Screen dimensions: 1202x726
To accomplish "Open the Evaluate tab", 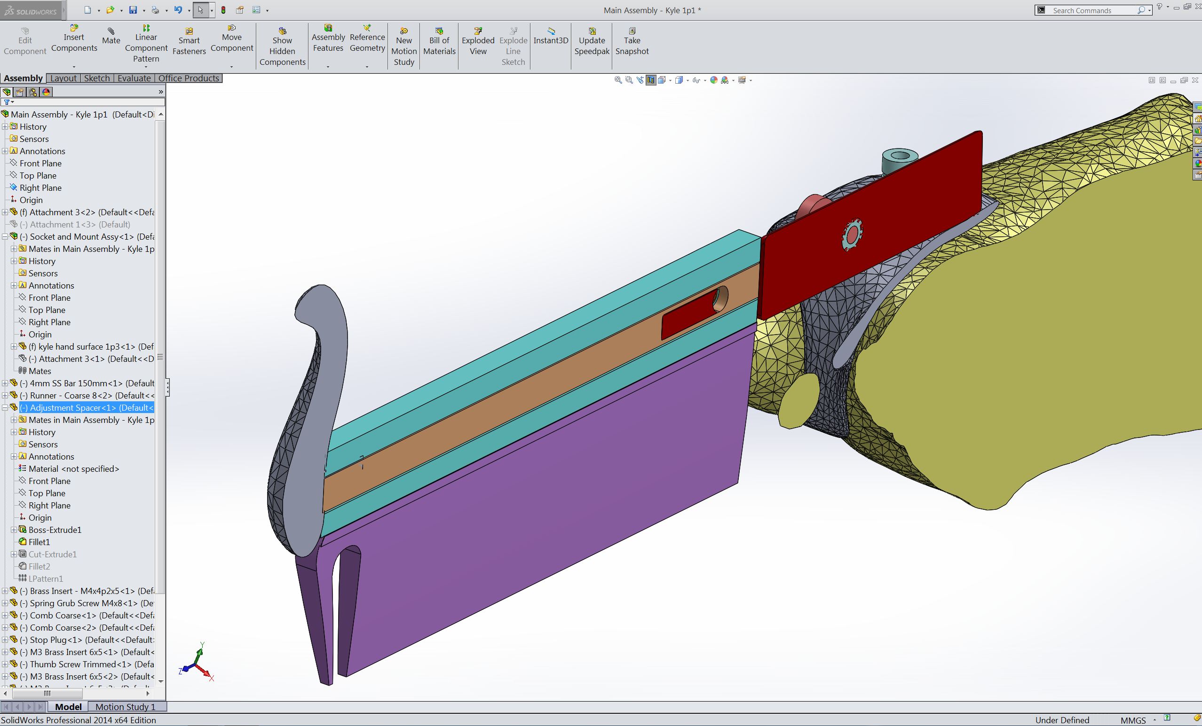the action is click(x=134, y=78).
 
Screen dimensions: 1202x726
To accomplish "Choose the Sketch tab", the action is click(x=97, y=78).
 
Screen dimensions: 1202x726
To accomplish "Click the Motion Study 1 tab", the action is click(x=126, y=706).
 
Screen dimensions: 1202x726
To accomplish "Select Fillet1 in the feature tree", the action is click(x=39, y=542).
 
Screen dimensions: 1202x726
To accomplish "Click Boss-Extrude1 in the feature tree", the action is click(x=55, y=530).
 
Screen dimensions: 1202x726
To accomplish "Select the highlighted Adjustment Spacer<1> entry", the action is click(x=87, y=407).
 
